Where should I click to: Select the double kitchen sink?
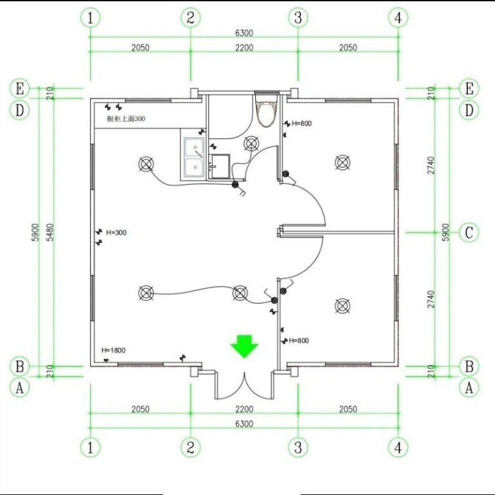(194, 157)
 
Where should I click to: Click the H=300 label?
(116, 233)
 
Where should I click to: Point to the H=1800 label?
(113, 350)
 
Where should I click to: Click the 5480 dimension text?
(50, 232)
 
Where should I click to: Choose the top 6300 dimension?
(244, 33)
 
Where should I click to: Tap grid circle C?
(469, 233)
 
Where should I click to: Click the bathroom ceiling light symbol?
(251, 144)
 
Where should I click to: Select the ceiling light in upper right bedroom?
(342, 163)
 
